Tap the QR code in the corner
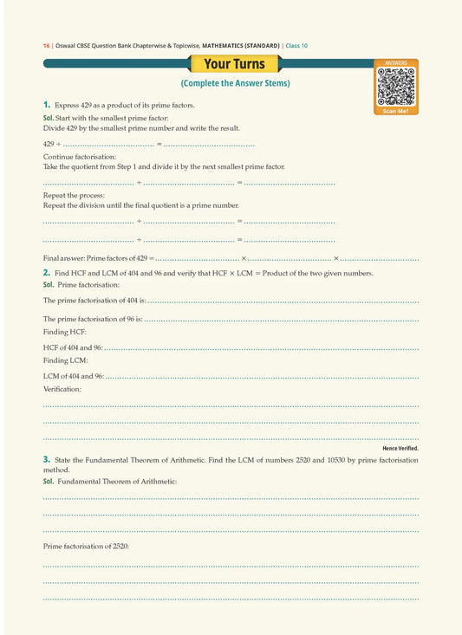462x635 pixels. coord(396,86)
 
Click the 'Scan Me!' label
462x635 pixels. coord(396,111)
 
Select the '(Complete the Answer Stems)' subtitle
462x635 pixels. coord(235,83)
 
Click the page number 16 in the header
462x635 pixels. coord(46,45)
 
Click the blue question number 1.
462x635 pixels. coord(47,104)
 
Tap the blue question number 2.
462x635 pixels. coord(47,273)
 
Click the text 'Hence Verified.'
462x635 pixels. coord(400,448)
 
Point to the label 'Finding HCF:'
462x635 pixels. coord(65,332)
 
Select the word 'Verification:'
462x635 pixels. coord(62,389)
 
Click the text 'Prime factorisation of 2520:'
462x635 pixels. coord(86,546)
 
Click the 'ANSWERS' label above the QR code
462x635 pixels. coord(396,63)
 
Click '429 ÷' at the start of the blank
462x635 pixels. coord(51,143)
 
